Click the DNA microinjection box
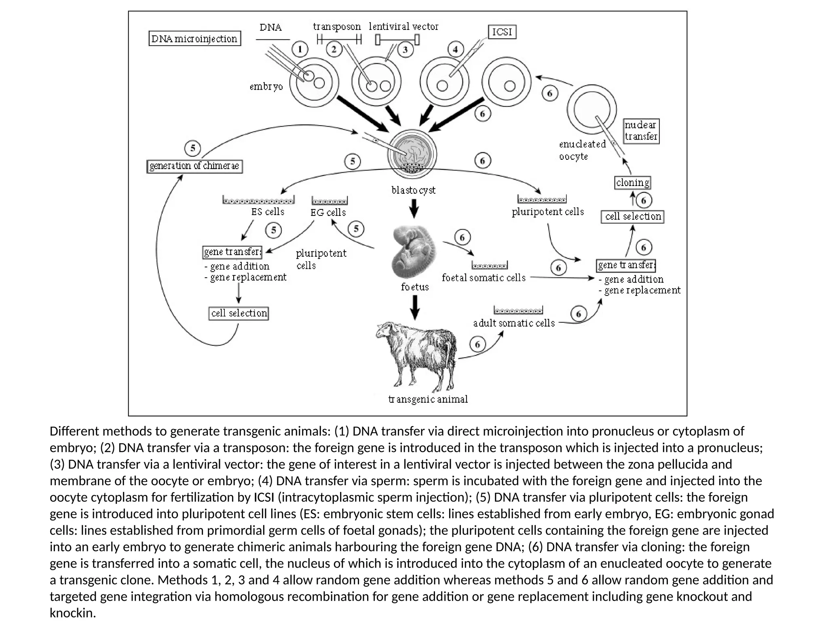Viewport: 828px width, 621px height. (194, 39)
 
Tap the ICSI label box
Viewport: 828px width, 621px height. (502, 32)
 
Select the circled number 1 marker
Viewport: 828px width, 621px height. (300, 50)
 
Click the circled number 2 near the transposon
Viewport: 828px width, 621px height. (334, 50)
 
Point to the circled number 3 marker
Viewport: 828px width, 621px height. (405, 50)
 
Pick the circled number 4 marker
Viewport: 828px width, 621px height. (456, 50)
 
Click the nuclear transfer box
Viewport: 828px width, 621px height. (641, 131)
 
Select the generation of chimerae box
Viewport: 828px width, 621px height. (194, 166)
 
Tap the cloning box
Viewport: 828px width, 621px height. (633, 183)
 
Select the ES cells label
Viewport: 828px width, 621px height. (268, 212)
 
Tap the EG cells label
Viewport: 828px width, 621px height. (328, 212)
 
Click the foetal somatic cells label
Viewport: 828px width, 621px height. (484, 278)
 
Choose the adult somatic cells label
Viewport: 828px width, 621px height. (514, 323)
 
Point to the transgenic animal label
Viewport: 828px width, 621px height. (428, 399)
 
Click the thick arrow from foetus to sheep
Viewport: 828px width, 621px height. (415, 307)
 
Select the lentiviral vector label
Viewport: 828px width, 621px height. (403, 27)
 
